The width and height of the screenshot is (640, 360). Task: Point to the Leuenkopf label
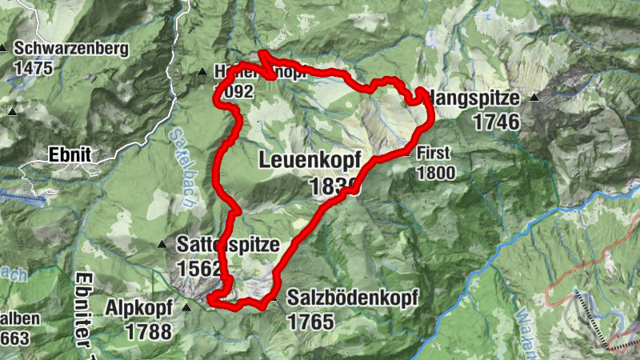(x=316, y=160)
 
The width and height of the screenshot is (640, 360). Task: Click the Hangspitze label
(x=475, y=99)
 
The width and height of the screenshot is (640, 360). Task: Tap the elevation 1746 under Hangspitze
(x=496, y=122)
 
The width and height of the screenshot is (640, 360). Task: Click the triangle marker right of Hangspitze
(x=534, y=98)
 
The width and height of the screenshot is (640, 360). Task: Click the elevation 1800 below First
(x=435, y=172)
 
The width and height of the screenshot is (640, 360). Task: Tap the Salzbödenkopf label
(x=352, y=298)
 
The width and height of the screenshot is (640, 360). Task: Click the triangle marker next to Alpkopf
(x=187, y=307)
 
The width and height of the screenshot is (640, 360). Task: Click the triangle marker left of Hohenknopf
(x=202, y=73)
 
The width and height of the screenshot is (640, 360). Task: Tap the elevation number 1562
(x=197, y=268)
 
